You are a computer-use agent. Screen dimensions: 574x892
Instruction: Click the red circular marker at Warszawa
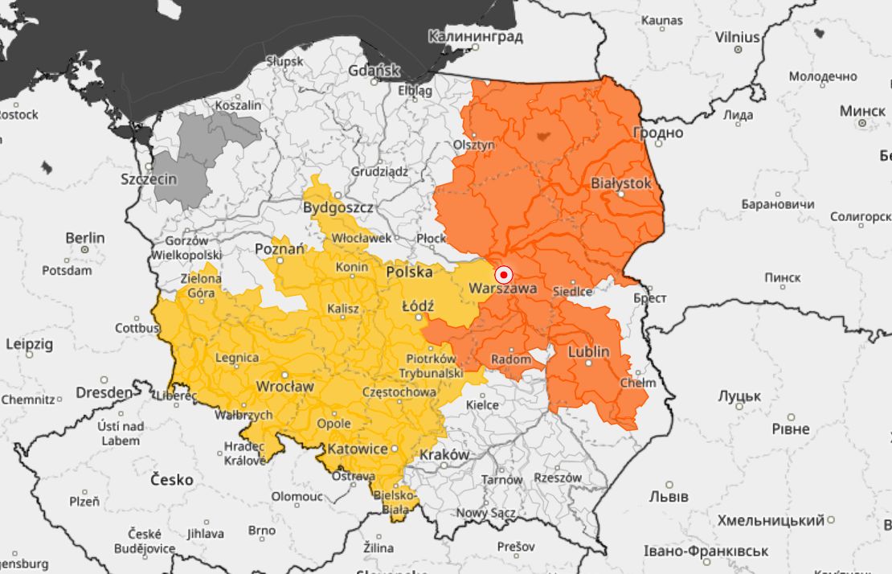coord(504,274)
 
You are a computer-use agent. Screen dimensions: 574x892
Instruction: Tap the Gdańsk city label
coord(374,72)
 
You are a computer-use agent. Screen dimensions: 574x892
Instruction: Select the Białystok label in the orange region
coord(621,183)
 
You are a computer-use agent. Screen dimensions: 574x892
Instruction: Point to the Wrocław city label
coord(284,387)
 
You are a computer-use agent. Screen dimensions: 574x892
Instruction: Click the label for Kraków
coord(444,455)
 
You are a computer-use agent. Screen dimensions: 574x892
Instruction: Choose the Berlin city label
coord(85,238)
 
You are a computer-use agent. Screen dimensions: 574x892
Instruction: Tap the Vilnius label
coord(737,38)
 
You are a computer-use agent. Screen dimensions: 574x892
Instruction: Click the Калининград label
coord(476,37)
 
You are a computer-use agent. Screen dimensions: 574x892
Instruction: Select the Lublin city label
coord(589,352)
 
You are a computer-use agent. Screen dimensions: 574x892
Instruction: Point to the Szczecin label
coord(149,178)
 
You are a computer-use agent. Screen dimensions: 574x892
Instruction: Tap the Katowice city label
coord(357,449)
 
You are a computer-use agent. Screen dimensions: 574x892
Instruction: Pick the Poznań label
coord(279,248)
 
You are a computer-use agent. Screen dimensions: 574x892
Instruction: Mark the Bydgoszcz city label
coord(338,208)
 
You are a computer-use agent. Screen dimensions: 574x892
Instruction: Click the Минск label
coord(861,111)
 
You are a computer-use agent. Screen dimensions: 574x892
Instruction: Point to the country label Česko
coord(172,480)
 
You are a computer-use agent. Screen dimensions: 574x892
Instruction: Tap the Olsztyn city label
coord(474,145)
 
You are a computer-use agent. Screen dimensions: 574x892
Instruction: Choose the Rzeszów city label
coord(558,478)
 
